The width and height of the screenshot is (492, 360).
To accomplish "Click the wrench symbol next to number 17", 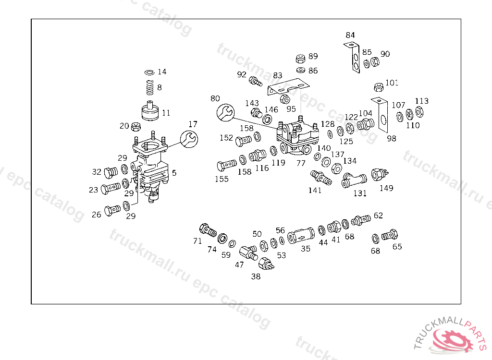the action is pos(189,139).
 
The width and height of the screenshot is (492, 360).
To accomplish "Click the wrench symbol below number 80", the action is pos(226,113).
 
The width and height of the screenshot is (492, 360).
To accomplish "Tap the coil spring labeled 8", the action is pos(150,87).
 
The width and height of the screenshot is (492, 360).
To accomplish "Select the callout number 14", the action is pos(162,72).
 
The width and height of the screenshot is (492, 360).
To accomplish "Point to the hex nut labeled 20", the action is pos(135,127).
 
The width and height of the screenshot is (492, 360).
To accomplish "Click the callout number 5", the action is pos(174,173).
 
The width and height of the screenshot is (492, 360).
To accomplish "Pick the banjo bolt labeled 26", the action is pos(112,210).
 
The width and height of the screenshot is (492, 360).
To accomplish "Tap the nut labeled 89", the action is pos(300,59).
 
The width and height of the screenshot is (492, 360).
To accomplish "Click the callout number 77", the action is pos(301,163).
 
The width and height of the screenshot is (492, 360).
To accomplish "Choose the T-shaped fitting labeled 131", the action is pos(354,180).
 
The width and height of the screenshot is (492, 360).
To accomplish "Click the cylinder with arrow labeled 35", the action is pos(301,235).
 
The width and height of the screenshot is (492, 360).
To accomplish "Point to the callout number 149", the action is pos(386,188).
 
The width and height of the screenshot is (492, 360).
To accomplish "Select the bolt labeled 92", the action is pos(255,82).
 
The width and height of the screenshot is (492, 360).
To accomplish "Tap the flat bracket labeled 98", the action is pos(381,115).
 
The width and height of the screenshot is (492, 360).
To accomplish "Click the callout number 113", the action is pos(421,101).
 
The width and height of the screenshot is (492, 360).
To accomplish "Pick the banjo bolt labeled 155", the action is pos(227,165).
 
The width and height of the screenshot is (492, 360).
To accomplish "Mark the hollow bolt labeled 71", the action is pos(208,230).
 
